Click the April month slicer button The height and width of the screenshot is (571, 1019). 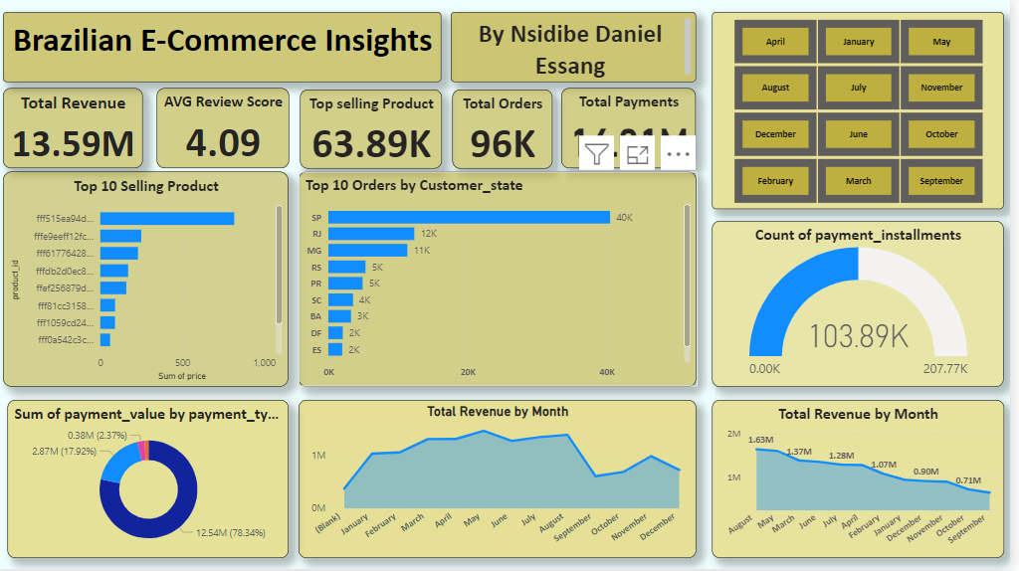775,42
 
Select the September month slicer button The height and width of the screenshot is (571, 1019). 941,181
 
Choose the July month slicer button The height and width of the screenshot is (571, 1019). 858,88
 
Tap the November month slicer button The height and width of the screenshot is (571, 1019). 941,88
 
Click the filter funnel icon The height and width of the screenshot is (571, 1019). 596,153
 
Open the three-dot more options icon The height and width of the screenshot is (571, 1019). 678,154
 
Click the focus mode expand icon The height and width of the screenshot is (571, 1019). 637,154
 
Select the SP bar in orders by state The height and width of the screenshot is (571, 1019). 469,218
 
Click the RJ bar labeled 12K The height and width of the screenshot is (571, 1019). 371,234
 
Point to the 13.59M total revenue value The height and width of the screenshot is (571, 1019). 74,144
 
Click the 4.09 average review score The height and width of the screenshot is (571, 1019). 223,143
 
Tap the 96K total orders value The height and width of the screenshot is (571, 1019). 503,144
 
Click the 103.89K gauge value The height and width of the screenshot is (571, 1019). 858,336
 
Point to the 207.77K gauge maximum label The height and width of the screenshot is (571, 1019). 944,369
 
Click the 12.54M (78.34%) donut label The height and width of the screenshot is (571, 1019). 228,534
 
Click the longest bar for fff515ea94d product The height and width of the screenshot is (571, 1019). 167,219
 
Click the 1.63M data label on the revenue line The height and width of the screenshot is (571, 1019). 760,439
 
